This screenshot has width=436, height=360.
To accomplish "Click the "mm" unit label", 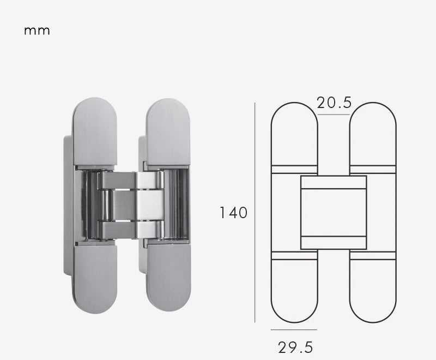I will click(37, 31).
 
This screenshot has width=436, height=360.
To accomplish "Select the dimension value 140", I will click(233, 212).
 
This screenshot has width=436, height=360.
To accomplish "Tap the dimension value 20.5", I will click(334, 102).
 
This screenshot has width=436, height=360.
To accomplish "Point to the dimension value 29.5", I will click(295, 347).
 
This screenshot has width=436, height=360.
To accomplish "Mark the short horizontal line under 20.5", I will click(334, 115).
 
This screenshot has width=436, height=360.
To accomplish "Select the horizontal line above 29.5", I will click(294, 329).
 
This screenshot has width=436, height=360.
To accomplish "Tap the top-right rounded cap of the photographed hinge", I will click(168, 131).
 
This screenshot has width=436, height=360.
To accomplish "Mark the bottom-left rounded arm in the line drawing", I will click(294, 289).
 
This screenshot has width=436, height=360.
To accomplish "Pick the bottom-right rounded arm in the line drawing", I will click(372, 289).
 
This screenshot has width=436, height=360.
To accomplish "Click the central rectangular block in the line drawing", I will click(334, 213).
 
